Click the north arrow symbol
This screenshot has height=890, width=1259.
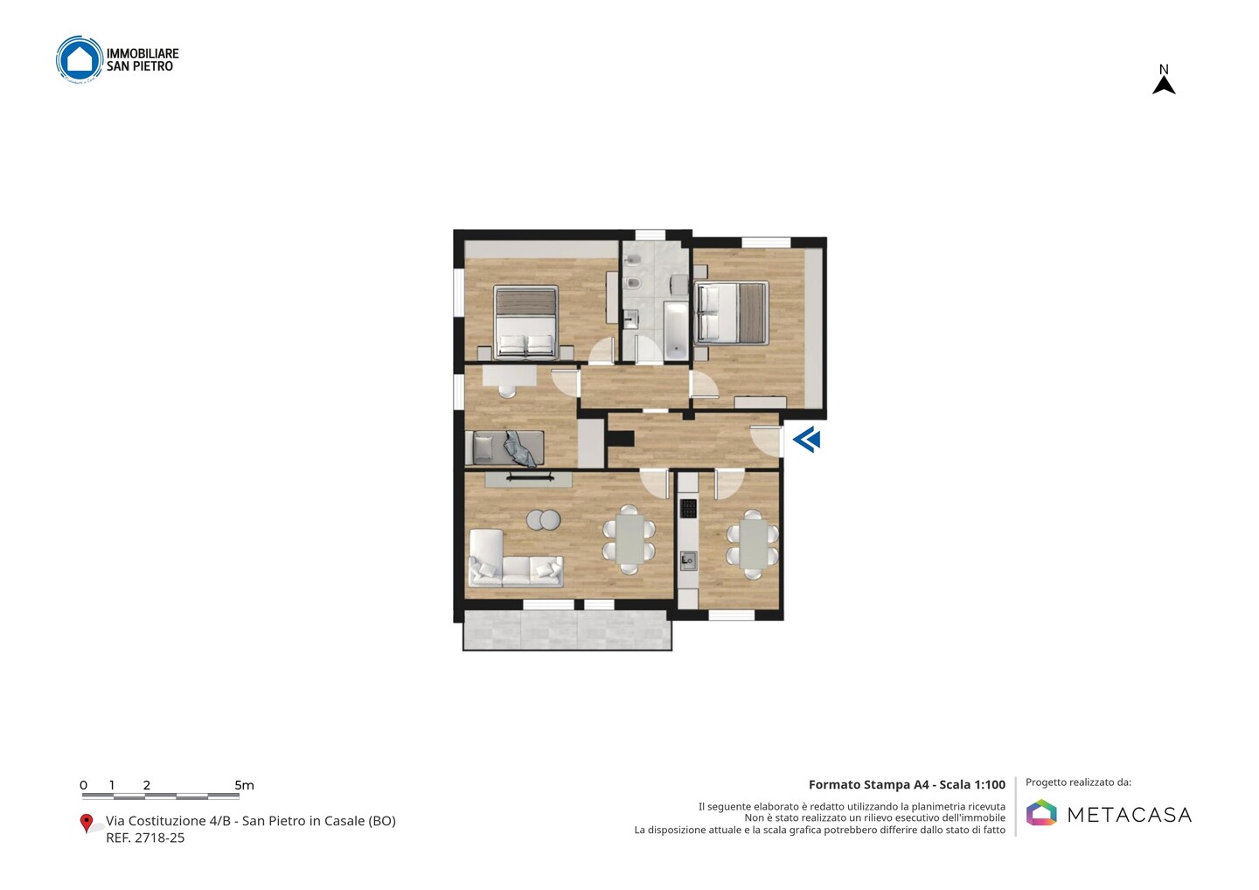(1164, 86)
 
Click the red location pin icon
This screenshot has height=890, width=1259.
(86, 824)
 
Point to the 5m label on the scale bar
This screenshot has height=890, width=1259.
(245, 785)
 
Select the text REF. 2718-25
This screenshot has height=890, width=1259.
(145, 838)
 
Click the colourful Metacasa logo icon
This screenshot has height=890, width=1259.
(1041, 812)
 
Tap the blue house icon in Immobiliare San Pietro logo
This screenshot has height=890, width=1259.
(80, 59)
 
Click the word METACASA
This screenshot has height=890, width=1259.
(1130, 815)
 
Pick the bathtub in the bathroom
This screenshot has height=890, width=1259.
(676, 331)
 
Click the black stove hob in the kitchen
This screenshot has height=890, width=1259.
(688, 509)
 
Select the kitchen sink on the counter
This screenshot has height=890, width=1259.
(688, 560)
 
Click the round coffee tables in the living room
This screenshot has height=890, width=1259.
(544, 519)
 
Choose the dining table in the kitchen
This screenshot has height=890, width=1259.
(752, 544)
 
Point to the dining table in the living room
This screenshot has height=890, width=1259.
(629, 539)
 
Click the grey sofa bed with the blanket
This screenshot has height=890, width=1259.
(504, 448)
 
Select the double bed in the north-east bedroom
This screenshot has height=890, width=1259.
(731, 312)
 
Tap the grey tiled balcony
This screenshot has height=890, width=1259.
(567, 629)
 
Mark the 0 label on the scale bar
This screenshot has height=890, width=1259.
(84, 785)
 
